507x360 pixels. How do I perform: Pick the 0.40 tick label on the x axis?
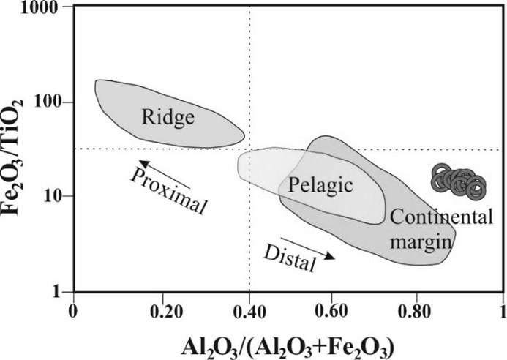(x=250, y=312)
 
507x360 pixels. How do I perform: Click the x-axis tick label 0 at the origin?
(x=72, y=312)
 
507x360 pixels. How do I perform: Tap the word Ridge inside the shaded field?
(x=168, y=116)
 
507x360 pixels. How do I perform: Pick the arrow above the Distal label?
(x=307, y=247)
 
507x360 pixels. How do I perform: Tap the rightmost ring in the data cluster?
(x=476, y=190)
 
